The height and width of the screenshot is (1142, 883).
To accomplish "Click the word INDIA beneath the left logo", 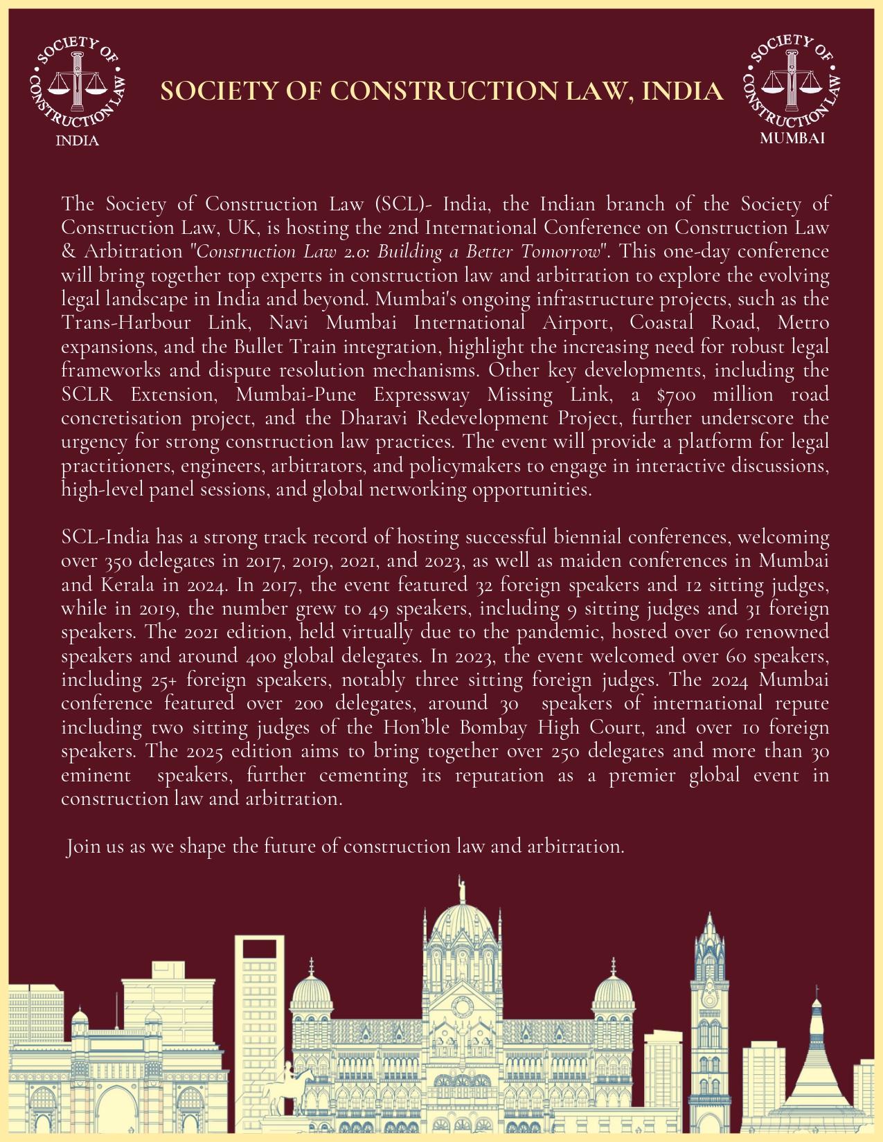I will tap(77, 141).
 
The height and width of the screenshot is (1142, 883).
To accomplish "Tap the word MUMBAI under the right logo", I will tap(792, 138).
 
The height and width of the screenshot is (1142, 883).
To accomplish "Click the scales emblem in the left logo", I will tap(77, 82).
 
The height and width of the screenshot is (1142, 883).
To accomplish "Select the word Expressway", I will tap(421, 395).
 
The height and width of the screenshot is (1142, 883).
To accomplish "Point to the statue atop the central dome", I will tap(461, 888).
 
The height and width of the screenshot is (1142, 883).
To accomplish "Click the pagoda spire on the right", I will tap(817, 1017).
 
